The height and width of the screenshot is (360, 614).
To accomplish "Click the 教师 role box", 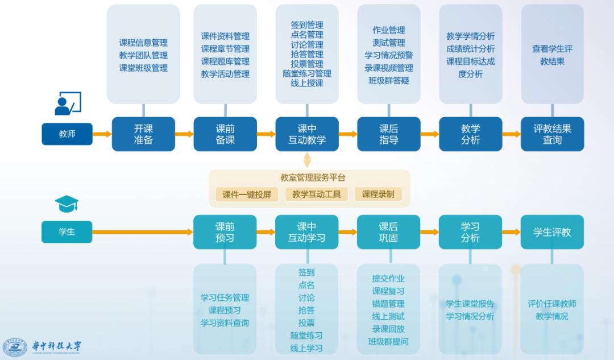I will click(67, 134).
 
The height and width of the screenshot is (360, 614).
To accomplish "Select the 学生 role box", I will click(67, 231).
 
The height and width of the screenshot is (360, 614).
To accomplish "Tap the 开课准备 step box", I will click(143, 134).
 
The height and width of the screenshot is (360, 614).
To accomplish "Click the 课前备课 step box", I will click(225, 134).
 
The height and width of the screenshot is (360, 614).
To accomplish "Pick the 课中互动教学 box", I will click(307, 134).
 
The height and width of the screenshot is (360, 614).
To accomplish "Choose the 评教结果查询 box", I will click(552, 134).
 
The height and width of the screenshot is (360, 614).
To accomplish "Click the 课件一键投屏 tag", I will click(247, 195).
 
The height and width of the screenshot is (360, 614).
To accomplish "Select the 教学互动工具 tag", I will click(317, 195).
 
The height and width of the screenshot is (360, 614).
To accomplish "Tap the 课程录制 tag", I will click(378, 195).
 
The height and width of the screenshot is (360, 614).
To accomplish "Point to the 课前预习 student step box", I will click(225, 232).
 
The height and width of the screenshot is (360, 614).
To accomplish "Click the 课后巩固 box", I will click(388, 232).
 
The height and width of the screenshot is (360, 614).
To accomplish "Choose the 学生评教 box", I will click(552, 232).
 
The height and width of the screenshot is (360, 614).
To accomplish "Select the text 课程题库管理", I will click(225, 61).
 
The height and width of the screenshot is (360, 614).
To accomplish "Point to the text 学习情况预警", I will click(389, 56).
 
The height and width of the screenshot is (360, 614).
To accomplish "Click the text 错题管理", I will click(388, 304).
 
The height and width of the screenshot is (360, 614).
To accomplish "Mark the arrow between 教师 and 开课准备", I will click(102, 134).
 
